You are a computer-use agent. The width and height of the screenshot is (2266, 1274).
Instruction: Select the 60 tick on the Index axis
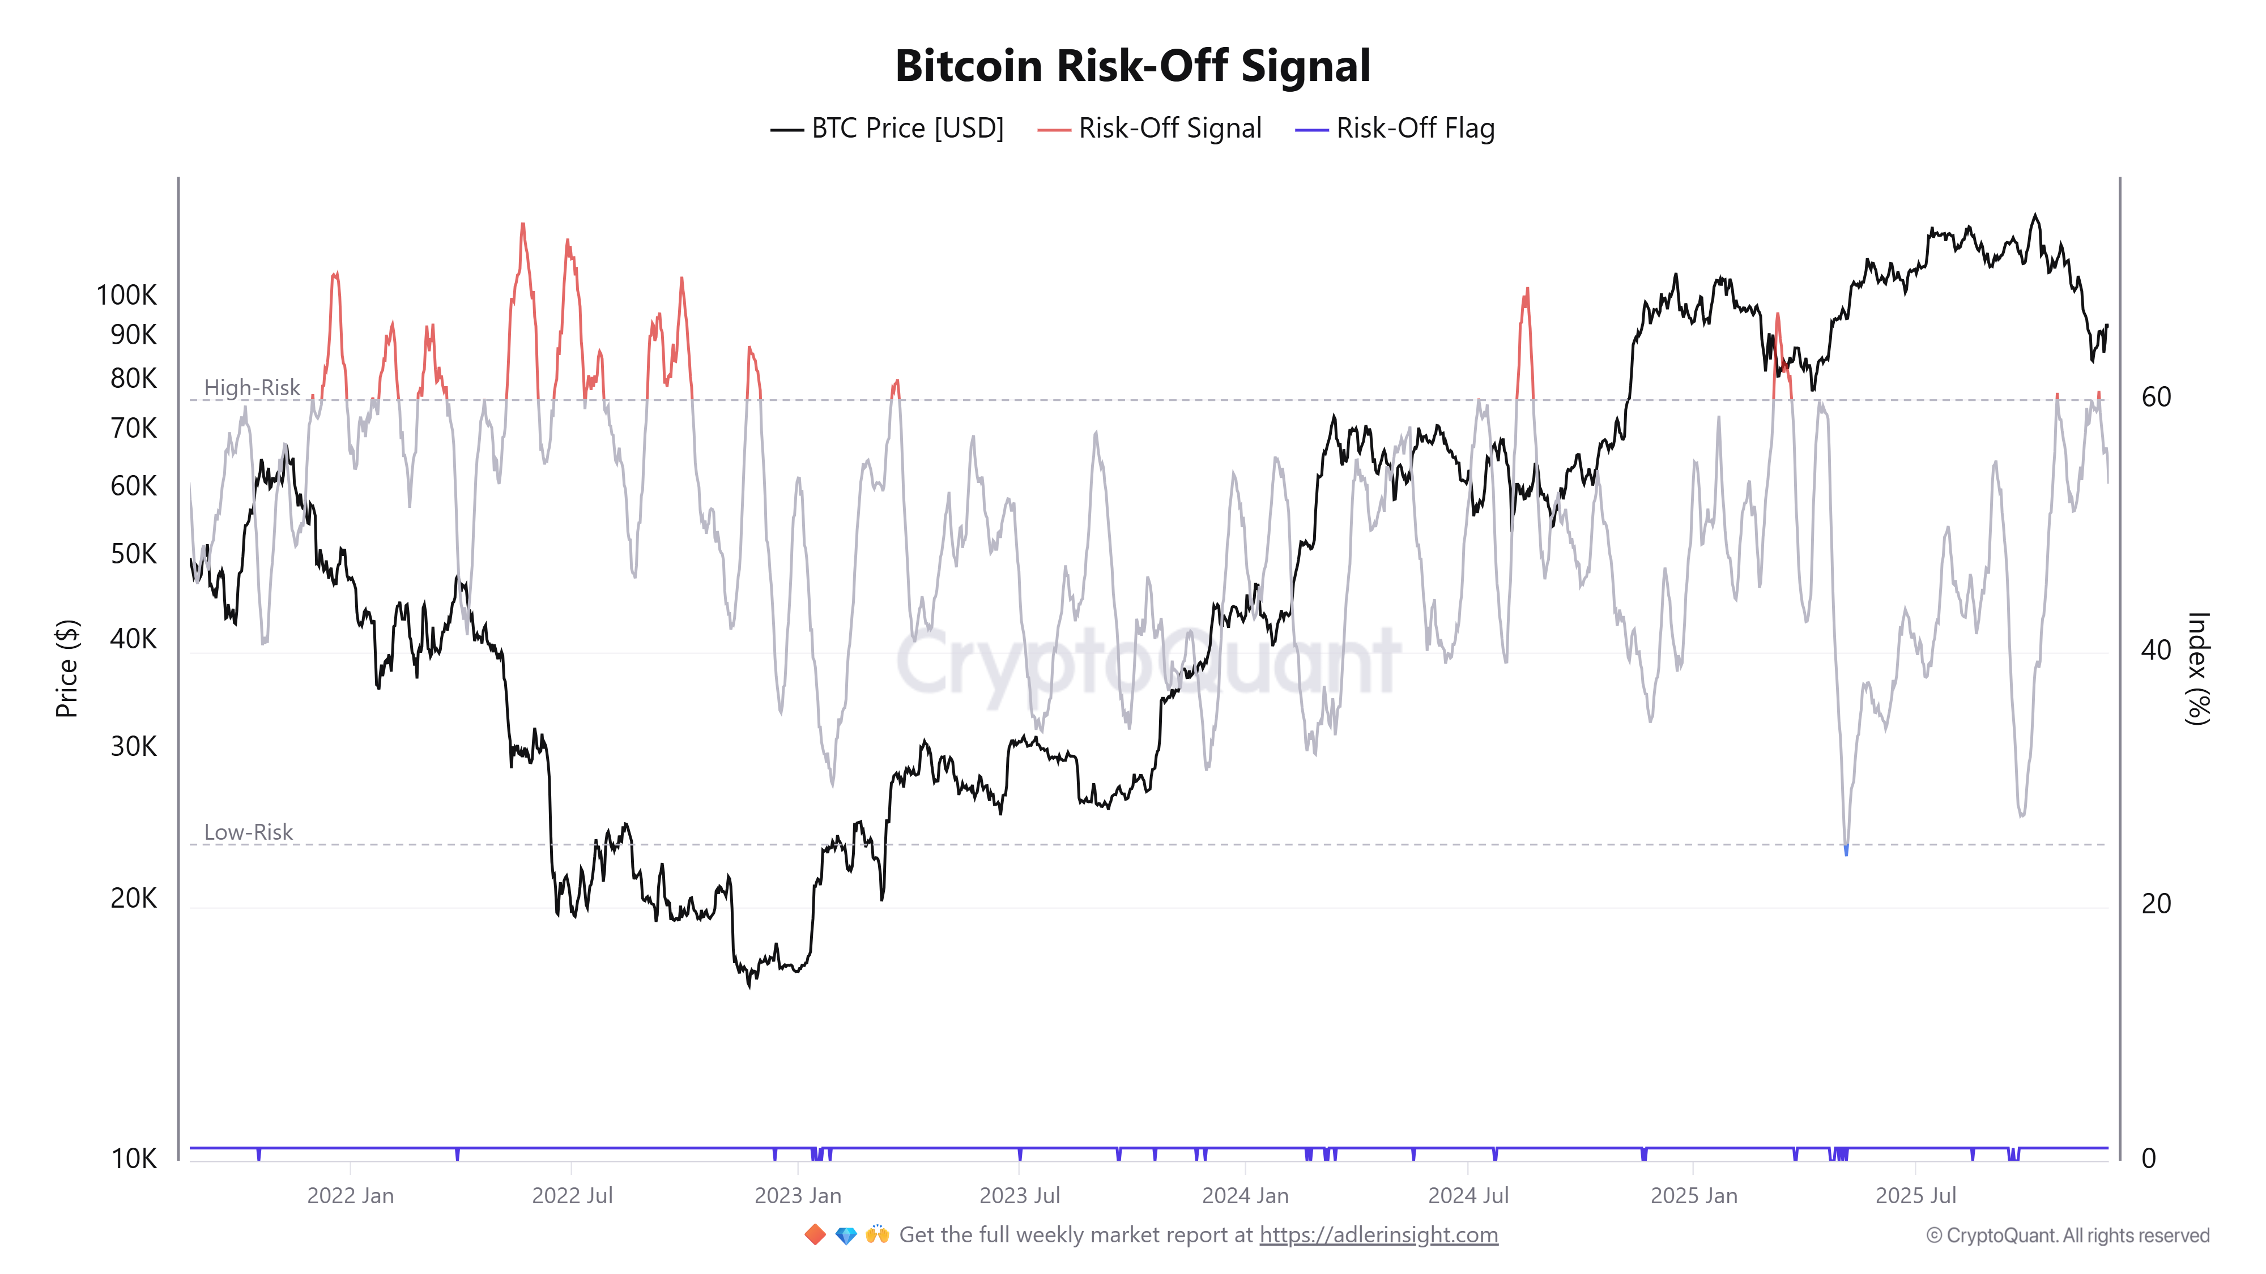click(2156, 397)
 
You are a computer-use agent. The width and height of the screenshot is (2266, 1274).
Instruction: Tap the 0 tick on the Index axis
click(2148, 1159)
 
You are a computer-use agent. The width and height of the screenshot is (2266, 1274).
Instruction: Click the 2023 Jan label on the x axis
click(798, 1196)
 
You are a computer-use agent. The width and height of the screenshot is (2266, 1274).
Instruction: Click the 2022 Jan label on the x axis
click(350, 1196)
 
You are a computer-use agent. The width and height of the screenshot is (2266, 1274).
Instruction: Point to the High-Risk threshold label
click(252, 388)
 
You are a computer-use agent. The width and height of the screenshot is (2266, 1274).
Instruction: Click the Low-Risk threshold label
click(248, 832)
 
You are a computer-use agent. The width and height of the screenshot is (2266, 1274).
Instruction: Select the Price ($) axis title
click(67, 668)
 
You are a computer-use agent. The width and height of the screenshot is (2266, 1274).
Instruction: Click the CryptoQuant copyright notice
click(2067, 1235)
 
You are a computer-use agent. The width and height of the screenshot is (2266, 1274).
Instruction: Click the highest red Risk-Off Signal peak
click(522, 226)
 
